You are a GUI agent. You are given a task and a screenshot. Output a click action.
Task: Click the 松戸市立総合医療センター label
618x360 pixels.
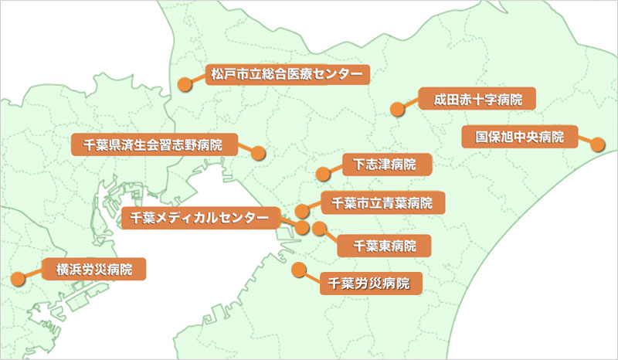[286, 74]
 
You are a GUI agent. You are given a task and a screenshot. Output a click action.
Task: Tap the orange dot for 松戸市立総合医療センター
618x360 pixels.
[185, 84]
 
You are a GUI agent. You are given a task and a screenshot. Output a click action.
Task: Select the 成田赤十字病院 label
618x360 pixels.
[477, 99]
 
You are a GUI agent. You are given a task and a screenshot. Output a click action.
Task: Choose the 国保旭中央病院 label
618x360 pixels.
[524, 138]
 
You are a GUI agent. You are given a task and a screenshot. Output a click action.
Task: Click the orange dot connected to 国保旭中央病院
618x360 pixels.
[597, 144]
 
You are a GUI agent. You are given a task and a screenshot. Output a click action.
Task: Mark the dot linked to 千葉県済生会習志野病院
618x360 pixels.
[259, 153]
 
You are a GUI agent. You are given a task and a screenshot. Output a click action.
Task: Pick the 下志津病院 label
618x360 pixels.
[384, 165]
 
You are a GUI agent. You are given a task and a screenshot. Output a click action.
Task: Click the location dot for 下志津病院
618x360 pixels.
[322, 173]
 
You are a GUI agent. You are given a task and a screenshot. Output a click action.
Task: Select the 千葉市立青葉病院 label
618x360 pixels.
[382, 203]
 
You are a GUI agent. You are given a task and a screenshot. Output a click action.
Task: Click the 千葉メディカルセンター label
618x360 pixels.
[199, 219]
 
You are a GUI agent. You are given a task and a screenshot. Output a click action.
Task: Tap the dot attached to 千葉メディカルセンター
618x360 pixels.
[302, 228]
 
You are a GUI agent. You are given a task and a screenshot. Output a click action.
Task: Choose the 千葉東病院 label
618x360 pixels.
[384, 246]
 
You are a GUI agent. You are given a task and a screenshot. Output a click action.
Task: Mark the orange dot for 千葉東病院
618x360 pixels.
[318, 228]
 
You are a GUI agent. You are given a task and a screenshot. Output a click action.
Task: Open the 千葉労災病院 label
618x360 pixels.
[370, 282]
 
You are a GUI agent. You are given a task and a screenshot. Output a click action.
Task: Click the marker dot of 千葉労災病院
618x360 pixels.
[299, 270]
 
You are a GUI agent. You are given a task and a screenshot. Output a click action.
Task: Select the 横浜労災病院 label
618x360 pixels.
[94, 270]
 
